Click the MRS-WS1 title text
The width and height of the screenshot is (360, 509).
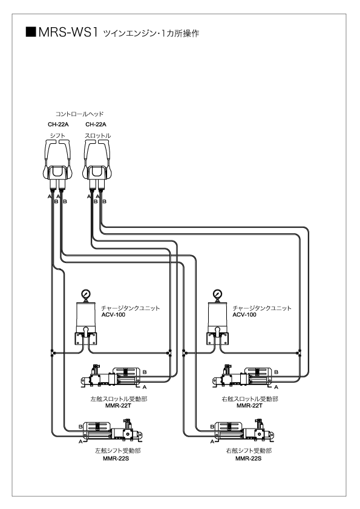[x=68, y=33]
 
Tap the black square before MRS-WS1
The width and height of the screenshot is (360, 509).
[x=31, y=32]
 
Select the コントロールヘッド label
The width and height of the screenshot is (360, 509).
[x=79, y=114]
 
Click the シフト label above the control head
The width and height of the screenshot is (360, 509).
[x=58, y=135]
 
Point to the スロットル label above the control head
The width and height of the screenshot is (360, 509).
[x=98, y=135]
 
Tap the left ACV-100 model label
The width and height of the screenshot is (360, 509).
[x=113, y=314]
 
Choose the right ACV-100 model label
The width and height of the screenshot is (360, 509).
[x=244, y=314]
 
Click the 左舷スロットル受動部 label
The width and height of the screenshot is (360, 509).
[x=119, y=399]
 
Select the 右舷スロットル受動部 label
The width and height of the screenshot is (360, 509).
[x=250, y=399]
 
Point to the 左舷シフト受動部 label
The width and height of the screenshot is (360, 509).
[x=118, y=451]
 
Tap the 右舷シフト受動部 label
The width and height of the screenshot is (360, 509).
[x=249, y=451]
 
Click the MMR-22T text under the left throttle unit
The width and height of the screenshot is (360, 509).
[x=118, y=406]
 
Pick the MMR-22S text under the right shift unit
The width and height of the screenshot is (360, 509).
[x=249, y=459]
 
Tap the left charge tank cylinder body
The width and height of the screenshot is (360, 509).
[x=86, y=315]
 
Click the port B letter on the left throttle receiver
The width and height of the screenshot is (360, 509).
[x=145, y=372]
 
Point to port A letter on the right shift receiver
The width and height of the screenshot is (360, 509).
[x=212, y=441]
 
